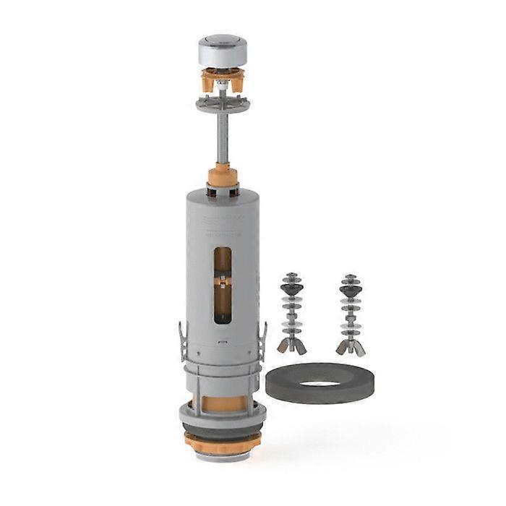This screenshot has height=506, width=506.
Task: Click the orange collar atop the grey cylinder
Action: pos(222,176)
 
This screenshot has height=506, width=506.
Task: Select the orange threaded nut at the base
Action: pos(222,440)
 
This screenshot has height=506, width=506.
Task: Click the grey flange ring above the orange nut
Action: pos(222,419)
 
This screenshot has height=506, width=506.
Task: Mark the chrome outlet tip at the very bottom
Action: pos(222,455)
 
